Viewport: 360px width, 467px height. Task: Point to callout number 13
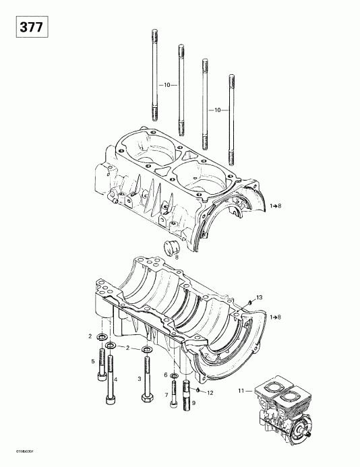coord(259,298)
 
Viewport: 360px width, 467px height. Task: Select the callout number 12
coord(210,392)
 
